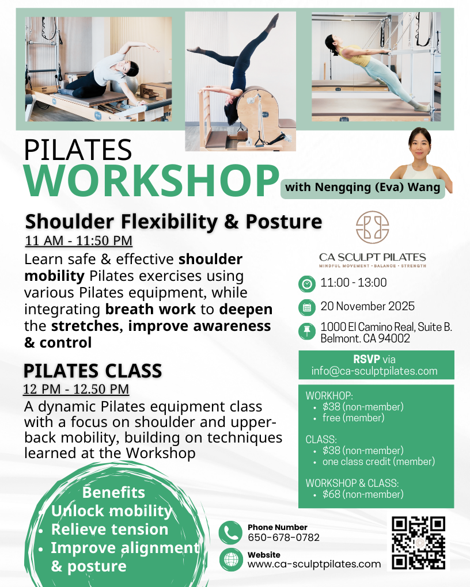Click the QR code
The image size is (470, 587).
pyautogui.click(x=418, y=543)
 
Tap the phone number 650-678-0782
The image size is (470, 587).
pyautogui.click(x=283, y=538)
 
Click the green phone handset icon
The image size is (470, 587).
pyautogui.click(x=230, y=532)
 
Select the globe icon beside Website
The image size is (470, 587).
pyautogui.click(x=230, y=559)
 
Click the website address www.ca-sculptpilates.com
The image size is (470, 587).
pyautogui.click(x=314, y=564)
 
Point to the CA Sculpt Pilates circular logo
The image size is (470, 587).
pyautogui.click(x=372, y=226)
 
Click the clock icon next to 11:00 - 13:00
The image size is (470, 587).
pyautogui.click(x=307, y=284)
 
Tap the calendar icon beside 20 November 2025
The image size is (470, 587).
pyautogui.click(x=307, y=307)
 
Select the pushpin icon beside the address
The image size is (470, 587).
pyautogui.click(x=307, y=331)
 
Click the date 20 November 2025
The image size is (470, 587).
pyautogui.click(x=367, y=306)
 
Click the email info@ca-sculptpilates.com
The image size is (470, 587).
pyautogui.click(x=374, y=371)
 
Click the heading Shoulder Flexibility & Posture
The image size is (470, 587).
pyautogui.click(x=173, y=221)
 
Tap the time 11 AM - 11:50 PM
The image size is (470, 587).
pyautogui.click(x=78, y=241)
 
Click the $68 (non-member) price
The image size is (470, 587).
pyautogui.click(x=363, y=494)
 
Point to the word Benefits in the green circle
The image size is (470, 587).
pyautogui.click(x=113, y=493)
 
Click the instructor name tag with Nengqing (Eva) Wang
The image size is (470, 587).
pyautogui.click(x=362, y=188)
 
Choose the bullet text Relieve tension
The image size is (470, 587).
pyautogui.click(x=109, y=529)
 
